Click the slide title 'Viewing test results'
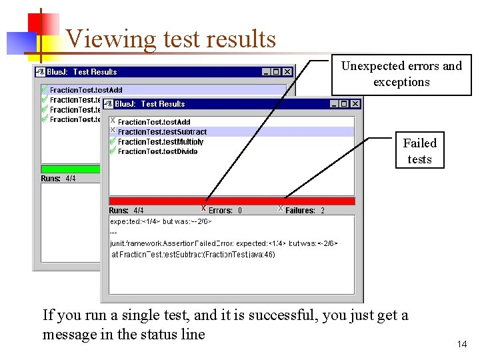coord(171,39)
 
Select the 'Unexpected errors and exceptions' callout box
coord(401,74)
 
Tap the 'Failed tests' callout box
coord(419,151)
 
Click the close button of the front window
coord(355,104)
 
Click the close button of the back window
coord(287,72)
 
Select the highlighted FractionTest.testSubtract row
coord(162,132)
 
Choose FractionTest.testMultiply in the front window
coord(160,142)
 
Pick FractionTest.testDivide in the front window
coord(157,151)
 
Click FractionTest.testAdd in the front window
coord(153,123)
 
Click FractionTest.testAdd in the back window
coord(86,90)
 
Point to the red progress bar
coord(231,201)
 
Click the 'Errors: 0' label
coord(225,211)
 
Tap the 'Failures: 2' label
coord(305,211)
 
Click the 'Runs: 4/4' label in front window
coord(127,211)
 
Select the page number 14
coord(462,345)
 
